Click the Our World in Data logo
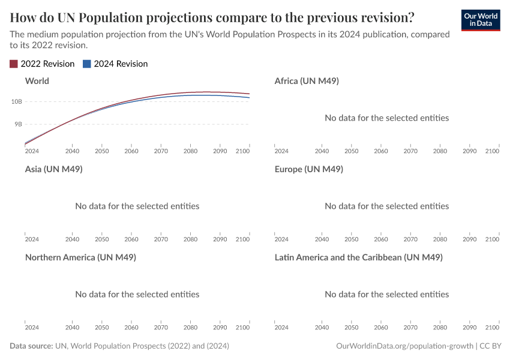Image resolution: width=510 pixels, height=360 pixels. (481, 20)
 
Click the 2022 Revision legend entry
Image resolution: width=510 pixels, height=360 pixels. (42, 64)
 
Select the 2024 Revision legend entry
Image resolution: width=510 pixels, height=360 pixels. (115, 64)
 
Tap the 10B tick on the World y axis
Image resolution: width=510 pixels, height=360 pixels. (16, 101)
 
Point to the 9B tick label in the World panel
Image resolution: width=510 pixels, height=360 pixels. (18, 124)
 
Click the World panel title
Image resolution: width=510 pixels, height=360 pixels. (37, 80)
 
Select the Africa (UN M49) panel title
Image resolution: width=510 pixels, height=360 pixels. (307, 80)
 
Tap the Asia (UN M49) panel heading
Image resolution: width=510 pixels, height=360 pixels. (54, 169)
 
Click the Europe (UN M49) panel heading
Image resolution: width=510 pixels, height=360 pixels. (309, 169)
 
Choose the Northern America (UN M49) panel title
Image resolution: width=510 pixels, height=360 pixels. (80, 257)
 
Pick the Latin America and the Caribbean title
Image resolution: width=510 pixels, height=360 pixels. (358, 257)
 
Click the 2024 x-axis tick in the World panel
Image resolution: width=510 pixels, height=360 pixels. (32, 151)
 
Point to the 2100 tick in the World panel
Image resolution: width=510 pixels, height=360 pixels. (242, 151)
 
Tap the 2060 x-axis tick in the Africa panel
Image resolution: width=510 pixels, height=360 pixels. (381, 151)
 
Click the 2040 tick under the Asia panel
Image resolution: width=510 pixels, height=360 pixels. (72, 239)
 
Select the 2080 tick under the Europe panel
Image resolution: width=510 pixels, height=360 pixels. (440, 239)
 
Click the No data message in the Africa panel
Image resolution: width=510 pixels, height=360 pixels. (386, 118)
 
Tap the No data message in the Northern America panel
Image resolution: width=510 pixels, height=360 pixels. (137, 294)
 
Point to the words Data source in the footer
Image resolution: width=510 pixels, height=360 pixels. (31, 346)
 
